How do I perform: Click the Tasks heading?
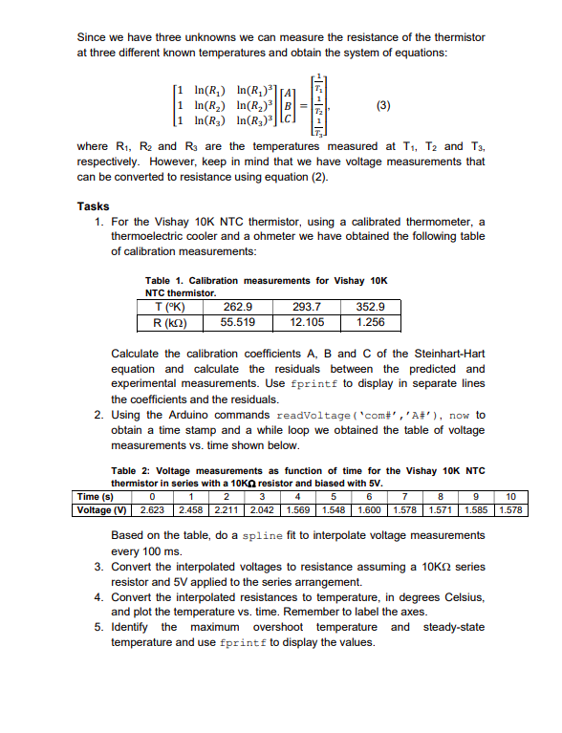[93, 205]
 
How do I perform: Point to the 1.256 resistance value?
[370, 322]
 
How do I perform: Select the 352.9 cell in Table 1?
[370, 308]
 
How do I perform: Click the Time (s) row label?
[96, 497]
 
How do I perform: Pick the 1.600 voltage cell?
[368, 509]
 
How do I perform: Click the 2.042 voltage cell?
[261, 509]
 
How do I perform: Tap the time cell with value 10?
[511, 497]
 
